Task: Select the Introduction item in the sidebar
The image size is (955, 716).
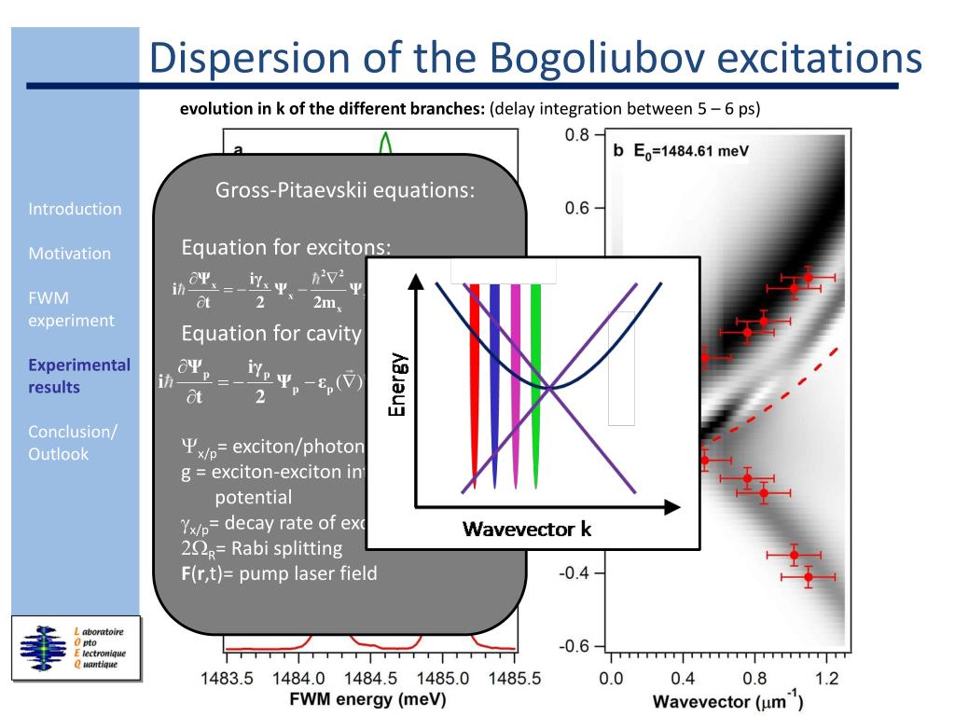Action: coord(75,209)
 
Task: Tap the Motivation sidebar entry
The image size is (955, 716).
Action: coord(69,254)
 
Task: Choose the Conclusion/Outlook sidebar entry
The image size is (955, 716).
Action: coord(73,443)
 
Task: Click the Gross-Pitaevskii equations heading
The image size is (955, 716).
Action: coord(345,190)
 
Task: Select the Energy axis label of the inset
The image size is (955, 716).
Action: coord(398,384)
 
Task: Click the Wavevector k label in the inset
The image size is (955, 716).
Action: coord(526,530)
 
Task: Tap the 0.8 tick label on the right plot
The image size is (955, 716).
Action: coord(577,135)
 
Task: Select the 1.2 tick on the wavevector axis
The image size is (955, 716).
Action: coord(827,678)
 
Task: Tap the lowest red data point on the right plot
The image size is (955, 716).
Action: coord(809,577)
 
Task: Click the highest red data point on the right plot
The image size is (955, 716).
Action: coord(809,277)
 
